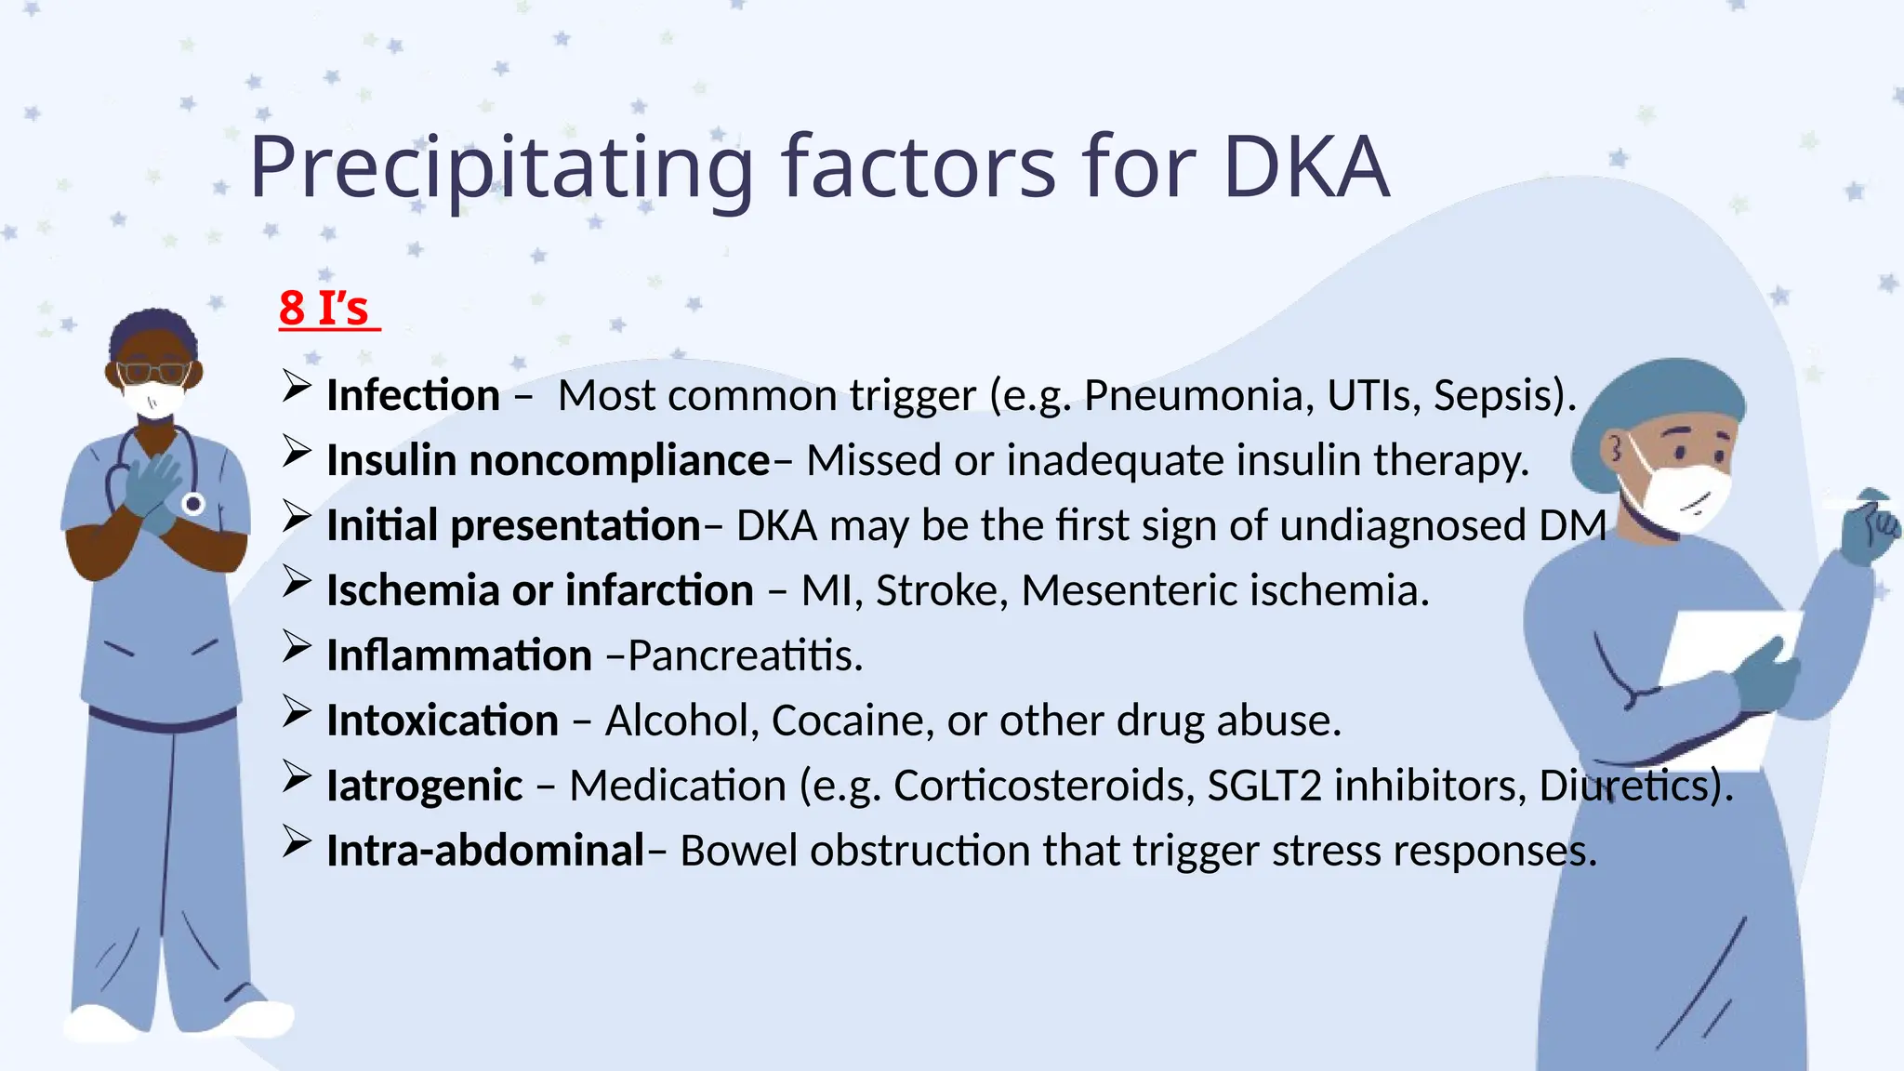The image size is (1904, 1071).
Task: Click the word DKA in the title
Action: [x=1305, y=167]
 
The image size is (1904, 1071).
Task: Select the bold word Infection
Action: [x=414, y=396]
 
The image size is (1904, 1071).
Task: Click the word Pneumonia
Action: [x=1198, y=396]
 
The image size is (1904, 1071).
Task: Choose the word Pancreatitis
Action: [x=745, y=656]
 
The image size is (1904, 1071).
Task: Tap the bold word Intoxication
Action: [x=443, y=721]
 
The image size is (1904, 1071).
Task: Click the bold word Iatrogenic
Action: [x=425, y=787]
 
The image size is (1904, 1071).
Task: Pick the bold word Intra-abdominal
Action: [x=485, y=852]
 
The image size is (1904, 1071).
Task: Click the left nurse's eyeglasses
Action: [x=154, y=373]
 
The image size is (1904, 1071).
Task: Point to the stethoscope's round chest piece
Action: [x=193, y=504]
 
